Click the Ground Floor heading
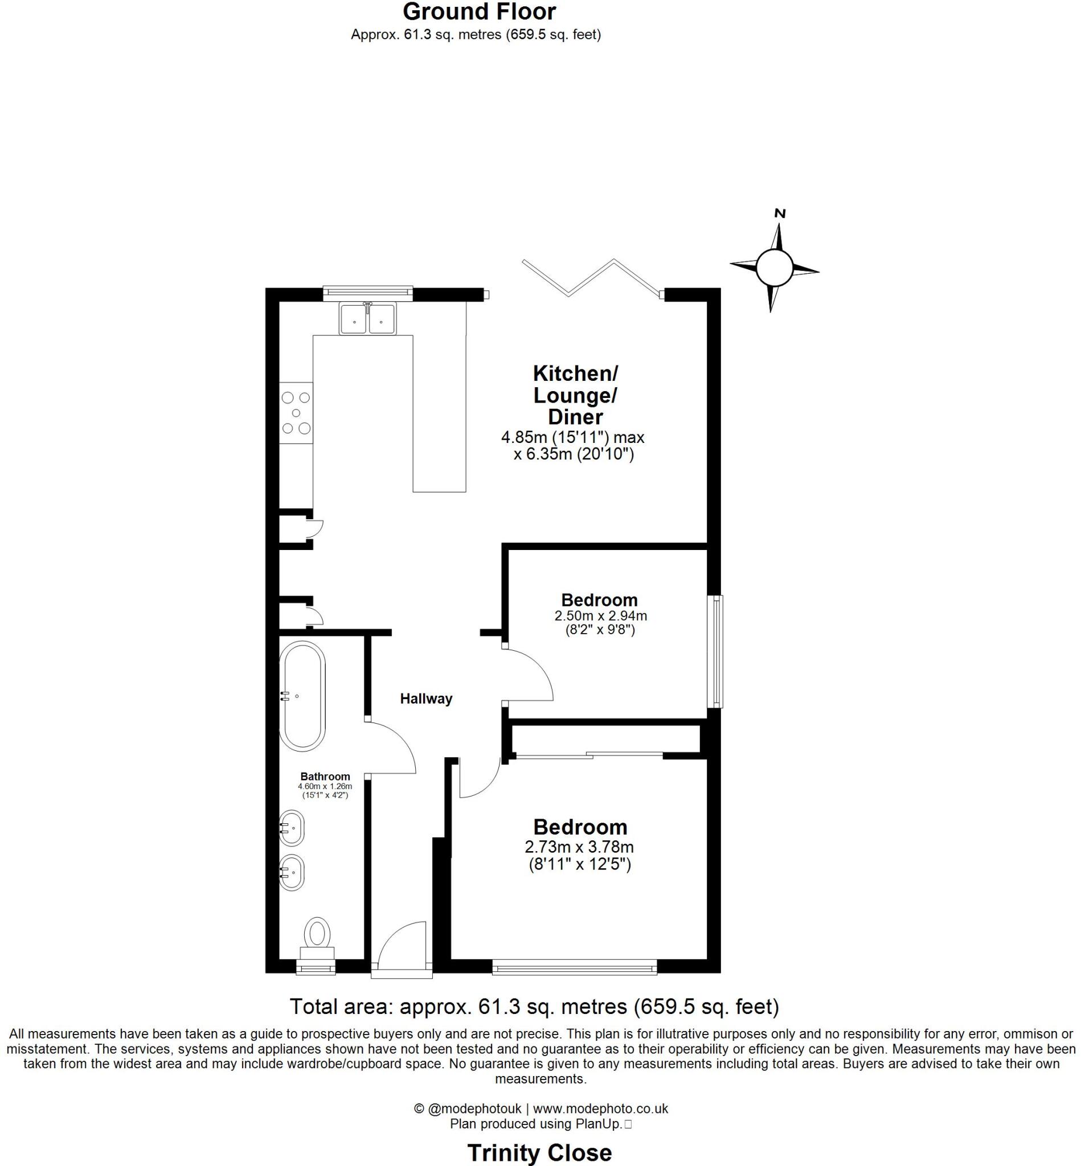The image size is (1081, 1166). [x=479, y=12]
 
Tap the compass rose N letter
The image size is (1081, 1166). [x=779, y=214]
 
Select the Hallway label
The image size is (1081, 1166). [x=426, y=698]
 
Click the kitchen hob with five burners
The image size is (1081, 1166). [x=296, y=413]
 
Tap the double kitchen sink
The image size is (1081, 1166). [x=367, y=319]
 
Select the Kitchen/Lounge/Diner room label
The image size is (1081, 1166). [x=575, y=395]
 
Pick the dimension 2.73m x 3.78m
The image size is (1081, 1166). [x=579, y=846]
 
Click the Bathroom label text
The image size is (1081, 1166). [x=325, y=777]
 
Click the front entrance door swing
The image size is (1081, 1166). [x=403, y=946]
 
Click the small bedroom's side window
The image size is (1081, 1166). [x=715, y=651]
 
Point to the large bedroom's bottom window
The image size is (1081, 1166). [x=574, y=969]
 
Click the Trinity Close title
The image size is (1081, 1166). [x=539, y=1136]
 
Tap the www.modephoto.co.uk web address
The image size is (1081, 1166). [x=600, y=1108]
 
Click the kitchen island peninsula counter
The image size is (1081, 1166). [x=439, y=412]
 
